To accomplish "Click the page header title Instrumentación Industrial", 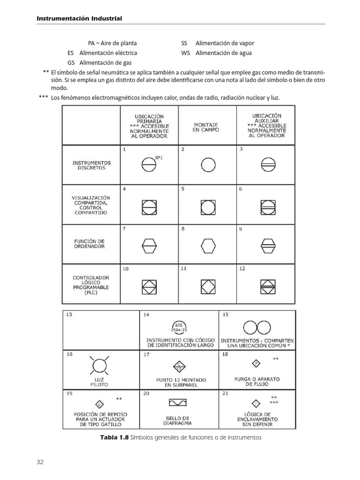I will [79, 18].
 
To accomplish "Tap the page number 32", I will [40, 462].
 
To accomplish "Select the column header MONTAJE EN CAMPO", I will [206, 127].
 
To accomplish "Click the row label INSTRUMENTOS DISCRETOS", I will [91, 165].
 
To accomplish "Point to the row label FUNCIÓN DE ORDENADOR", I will [89, 244].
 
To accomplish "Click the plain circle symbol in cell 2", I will [208, 165].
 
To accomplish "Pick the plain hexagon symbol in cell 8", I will [208, 245].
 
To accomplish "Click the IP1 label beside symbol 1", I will [158, 158].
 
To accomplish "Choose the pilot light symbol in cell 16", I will [99, 366].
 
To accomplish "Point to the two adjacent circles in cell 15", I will [257, 327].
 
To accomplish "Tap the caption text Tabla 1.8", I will [114, 437].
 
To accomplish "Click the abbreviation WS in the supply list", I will [186, 53].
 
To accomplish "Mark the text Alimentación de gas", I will [105, 62].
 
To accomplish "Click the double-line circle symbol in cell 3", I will [267, 165].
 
